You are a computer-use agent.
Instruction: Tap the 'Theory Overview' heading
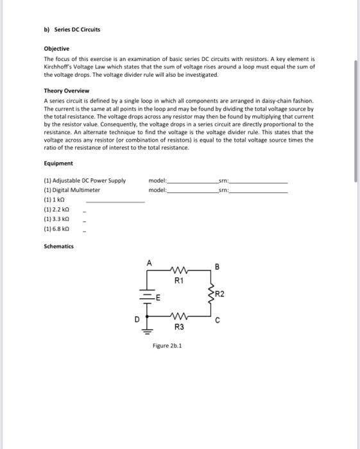(66, 90)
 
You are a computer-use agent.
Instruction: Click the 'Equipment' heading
(58, 164)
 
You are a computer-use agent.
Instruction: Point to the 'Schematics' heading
(59, 246)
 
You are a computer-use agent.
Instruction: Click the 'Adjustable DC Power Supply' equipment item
(85, 181)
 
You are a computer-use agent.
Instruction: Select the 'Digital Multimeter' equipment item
(72, 190)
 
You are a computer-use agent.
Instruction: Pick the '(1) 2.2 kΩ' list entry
(56, 209)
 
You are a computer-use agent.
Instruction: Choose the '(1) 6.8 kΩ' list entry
(56, 228)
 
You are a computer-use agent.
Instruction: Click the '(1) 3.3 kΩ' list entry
(56, 219)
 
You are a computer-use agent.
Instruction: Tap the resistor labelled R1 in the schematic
(180, 269)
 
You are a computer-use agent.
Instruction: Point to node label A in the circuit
(149, 263)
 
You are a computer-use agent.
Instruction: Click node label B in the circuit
(217, 266)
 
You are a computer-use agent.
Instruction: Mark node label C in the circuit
(217, 322)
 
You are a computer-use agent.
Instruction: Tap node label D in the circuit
(137, 318)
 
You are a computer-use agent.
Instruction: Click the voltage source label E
(157, 296)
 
